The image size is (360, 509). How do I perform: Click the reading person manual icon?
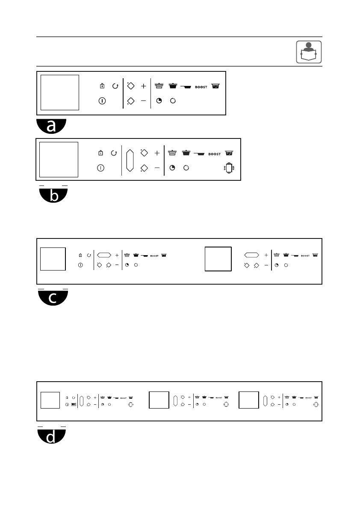point(309,52)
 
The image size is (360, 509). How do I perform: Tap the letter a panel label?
point(51,126)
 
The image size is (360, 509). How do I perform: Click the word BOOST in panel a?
point(201,87)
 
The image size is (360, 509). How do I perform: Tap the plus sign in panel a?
point(143,86)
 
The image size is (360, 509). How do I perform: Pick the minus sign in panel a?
point(143,101)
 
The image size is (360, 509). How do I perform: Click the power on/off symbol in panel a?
point(102,101)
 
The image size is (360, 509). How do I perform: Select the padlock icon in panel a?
point(102,86)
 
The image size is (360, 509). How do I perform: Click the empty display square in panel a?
point(60,92)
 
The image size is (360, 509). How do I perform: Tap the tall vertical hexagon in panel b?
point(130,160)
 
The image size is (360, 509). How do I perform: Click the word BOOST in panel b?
point(215,154)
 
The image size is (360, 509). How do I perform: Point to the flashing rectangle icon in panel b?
point(229,168)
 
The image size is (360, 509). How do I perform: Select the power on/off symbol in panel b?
point(100,168)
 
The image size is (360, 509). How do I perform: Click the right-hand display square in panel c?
point(218,259)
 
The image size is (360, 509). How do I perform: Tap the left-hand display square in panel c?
point(53,259)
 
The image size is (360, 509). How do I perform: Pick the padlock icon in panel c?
point(80,255)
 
